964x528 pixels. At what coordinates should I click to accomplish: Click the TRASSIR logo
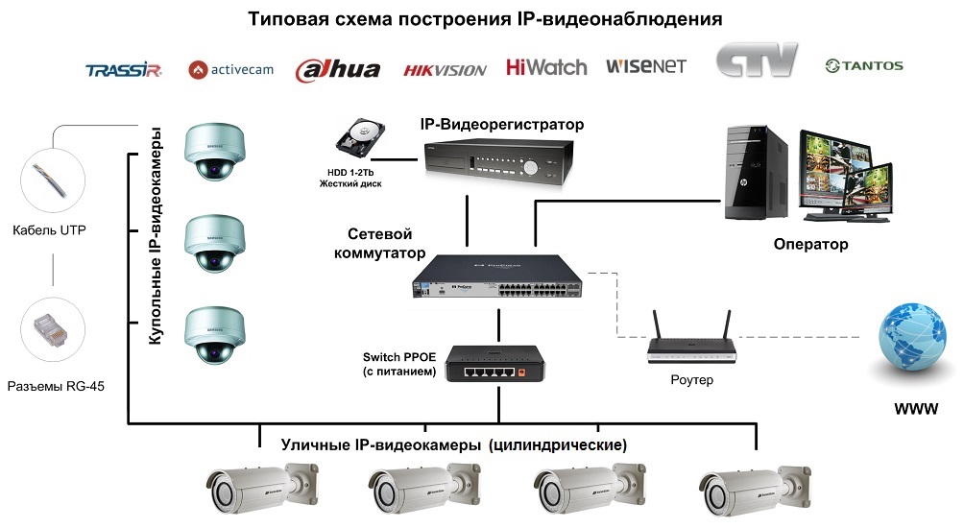123,69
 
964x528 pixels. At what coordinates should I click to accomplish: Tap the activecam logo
229,69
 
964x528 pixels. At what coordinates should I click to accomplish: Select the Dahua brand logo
337,69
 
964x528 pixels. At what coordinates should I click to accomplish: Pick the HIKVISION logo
445,69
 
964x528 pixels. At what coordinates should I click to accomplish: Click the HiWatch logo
545,67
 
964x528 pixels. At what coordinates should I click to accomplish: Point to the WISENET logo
645,66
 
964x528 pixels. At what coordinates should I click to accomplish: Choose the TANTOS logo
864,66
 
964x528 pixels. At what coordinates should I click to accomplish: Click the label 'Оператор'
810,245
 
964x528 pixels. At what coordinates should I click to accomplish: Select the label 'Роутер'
691,380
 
